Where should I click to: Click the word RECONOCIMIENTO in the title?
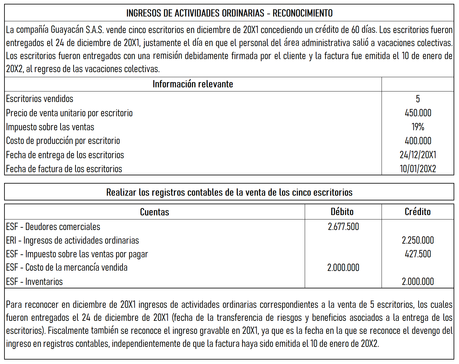point(303,13)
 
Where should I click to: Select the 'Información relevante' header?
point(193,84)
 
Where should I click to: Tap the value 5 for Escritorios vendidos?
point(418,99)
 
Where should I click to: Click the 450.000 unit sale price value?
point(418,113)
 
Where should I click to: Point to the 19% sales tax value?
point(418,127)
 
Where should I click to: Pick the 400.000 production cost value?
point(418,141)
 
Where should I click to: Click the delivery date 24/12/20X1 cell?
point(418,155)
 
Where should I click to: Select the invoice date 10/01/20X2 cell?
point(418,169)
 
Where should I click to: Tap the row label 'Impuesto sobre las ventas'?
point(50,127)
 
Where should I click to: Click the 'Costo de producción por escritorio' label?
point(63,141)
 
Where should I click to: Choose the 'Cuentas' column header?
point(155,212)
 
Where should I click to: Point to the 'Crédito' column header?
point(417,212)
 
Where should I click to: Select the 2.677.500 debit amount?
point(343,226)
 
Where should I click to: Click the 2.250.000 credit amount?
point(418,240)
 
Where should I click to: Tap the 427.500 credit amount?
point(418,254)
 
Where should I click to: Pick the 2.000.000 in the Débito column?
point(343,267)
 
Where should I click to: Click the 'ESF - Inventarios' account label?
point(34,281)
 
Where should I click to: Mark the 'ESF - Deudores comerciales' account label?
point(53,226)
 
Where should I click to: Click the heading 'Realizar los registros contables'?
point(229,192)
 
